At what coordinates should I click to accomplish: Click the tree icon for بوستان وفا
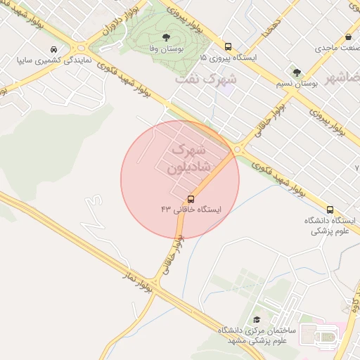tap(166, 37)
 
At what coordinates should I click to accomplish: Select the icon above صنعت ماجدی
tap(348, 37)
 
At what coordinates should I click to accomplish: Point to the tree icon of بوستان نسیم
tap(296, 72)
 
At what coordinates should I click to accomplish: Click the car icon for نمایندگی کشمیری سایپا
tap(54, 50)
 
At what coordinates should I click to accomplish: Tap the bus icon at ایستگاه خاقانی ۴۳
tap(191, 199)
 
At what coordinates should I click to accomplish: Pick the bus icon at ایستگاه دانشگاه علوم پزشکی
tap(330, 210)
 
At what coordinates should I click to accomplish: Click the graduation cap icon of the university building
tap(256, 319)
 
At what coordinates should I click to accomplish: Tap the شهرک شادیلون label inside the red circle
tap(186, 159)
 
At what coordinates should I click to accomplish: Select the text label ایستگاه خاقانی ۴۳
tap(191, 210)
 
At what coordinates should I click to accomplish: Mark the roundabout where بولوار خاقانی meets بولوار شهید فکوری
tap(238, 149)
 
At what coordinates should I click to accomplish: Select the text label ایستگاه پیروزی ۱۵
tap(229, 56)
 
